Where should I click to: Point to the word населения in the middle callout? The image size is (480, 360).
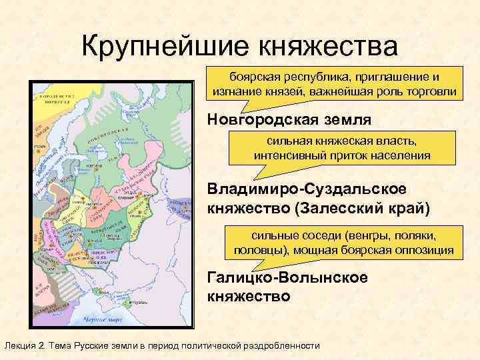398,155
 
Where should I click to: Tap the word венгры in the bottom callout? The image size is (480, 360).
375,236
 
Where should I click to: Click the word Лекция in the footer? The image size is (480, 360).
22,345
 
